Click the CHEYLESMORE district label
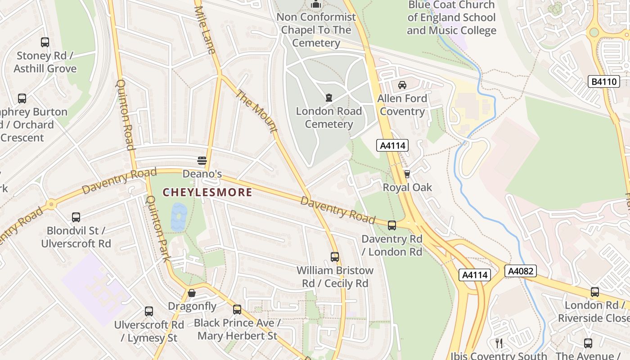207,193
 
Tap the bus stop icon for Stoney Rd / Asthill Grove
45,42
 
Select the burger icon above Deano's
202,161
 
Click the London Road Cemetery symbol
329,97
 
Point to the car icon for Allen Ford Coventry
402,85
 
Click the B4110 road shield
603,81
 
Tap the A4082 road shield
521,271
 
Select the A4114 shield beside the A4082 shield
475,274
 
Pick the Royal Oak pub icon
407,174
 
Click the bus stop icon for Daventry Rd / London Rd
392,225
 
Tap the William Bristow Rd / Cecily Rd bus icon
335,257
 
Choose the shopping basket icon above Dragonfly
192,293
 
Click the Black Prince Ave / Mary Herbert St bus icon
237,310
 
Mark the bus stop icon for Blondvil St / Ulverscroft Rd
76,217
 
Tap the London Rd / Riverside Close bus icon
595,292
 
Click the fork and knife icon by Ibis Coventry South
499,343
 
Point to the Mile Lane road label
205,27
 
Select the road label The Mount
256,111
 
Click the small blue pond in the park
179,217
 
